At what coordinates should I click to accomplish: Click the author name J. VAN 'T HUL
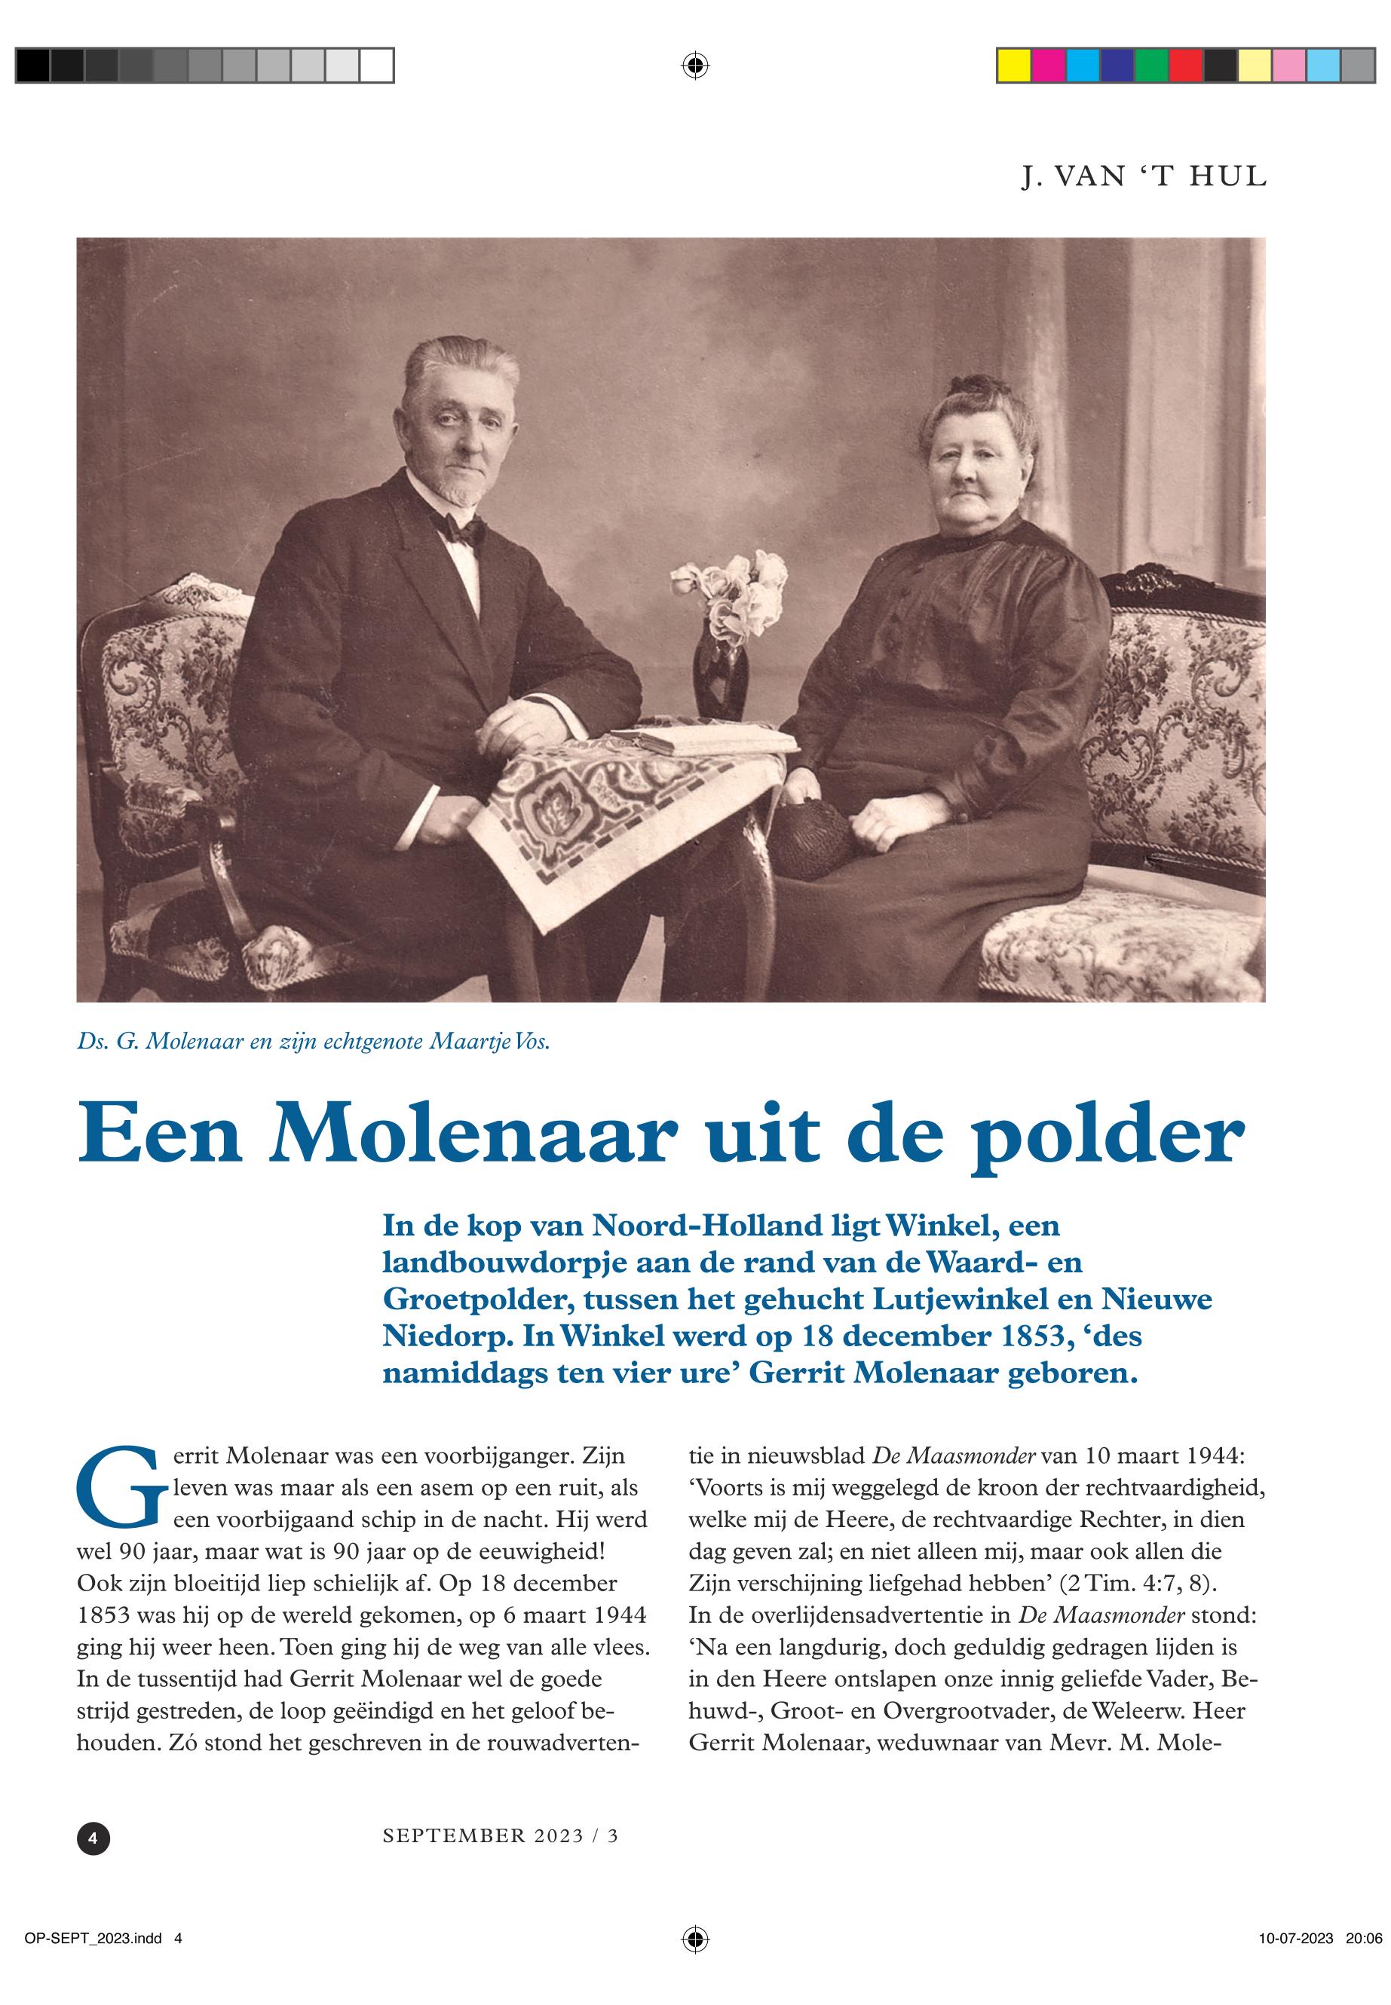[1144, 177]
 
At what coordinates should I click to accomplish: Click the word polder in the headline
[1106, 1134]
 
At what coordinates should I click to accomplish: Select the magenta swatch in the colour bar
[1049, 66]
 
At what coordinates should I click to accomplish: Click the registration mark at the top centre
[694, 66]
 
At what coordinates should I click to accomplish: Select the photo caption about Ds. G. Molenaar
[314, 1043]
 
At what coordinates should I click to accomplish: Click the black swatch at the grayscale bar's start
[33, 66]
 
